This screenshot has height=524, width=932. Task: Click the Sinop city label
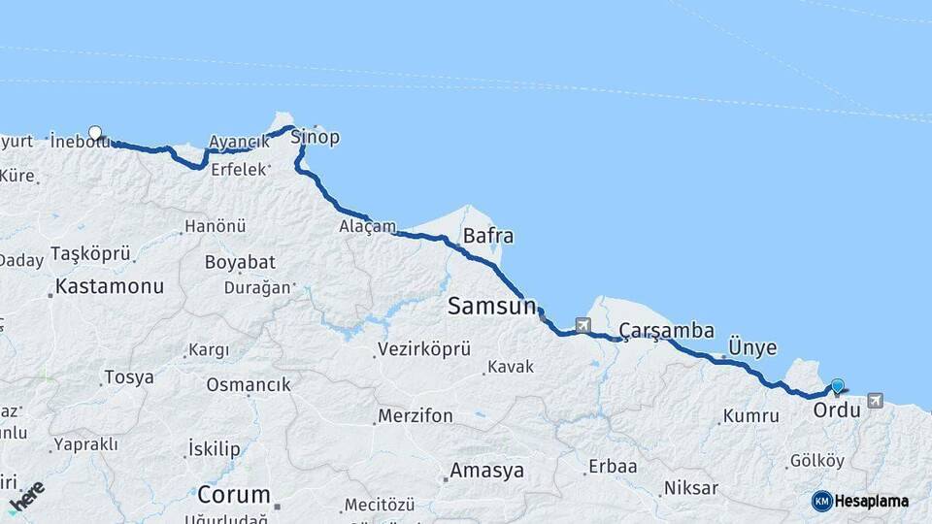pyautogui.click(x=316, y=137)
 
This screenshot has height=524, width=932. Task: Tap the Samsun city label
pyautogui.click(x=491, y=307)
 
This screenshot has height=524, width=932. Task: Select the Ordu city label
pyautogui.click(x=837, y=410)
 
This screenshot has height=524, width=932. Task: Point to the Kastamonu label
pyautogui.click(x=110, y=286)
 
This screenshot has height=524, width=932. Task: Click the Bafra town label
pyautogui.click(x=488, y=236)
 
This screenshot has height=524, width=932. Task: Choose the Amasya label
pyautogui.click(x=486, y=471)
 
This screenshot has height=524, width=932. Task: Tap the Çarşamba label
pyautogui.click(x=667, y=330)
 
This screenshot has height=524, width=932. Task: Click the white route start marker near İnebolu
pyautogui.click(x=95, y=133)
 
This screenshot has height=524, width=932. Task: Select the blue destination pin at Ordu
pyautogui.click(x=838, y=386)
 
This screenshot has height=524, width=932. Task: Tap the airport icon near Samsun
pyautogui.click(x=582, y=325)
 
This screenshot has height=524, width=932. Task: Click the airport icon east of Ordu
pyautogui.click(x=876, y=400)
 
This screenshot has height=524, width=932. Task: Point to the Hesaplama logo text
pyautogui.click(x=872, y=501)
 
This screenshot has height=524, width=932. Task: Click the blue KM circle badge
pyautogui.click(x=822, y=501)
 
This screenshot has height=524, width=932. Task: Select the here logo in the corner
pyautogui.click(x=27, y=496)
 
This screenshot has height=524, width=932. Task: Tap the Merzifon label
pyautogui.click(x=415, y=416)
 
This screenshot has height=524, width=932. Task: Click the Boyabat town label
pyautogui.click(x=240, y=262)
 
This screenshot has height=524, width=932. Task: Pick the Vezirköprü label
pyautogui.click(x=424, y=348)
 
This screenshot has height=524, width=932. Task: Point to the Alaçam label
pyautogui.click(x=368, y=226)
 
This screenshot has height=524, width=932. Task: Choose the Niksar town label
pyautogui.click(x=691, y=487)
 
